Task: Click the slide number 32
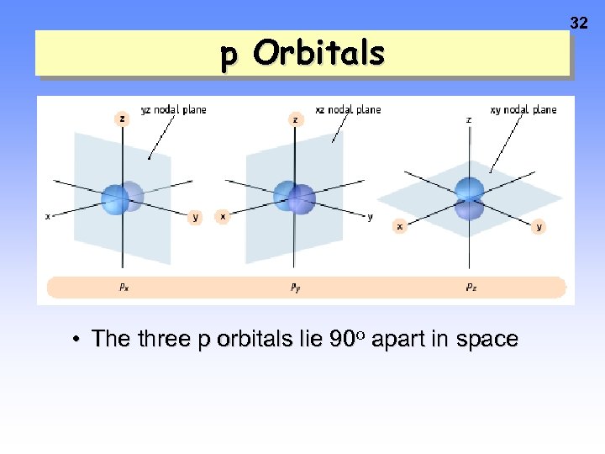pos(579,24)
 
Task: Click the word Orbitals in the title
pos(318,54)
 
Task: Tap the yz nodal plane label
pos(173,109)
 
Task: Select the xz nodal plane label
pos(348,109)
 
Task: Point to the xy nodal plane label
pos(523,109)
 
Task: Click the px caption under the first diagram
pos(124,287)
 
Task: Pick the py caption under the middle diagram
pos(296,287)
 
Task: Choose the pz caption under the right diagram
pos(471,287)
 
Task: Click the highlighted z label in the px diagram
pos(123,119)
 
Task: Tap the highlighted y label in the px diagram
pos(196,217)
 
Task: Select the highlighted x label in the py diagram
pos(223,216)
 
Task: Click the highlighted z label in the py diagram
pos(295,119)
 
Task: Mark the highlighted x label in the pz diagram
pos(400,226)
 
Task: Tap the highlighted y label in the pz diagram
pos(539,226)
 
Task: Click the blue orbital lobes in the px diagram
pos(123,198)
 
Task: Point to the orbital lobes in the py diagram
pos(294,198)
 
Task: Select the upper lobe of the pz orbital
pos(469,188)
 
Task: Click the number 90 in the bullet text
pos(341,339)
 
